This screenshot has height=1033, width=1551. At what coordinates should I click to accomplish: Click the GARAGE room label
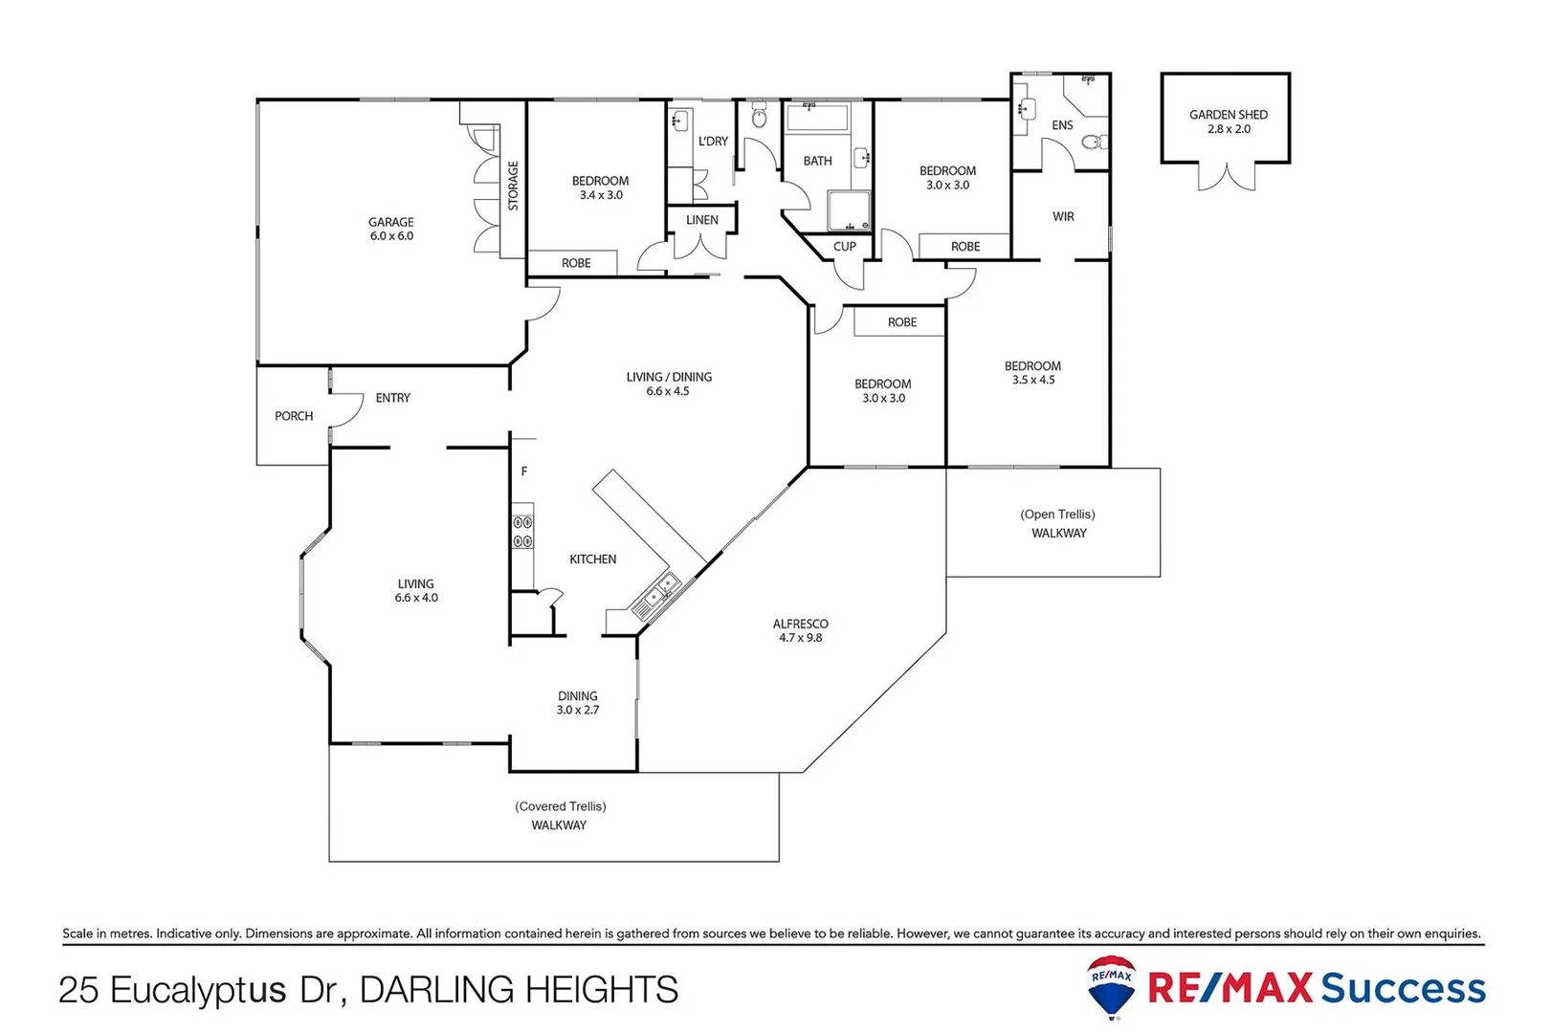point(391,223)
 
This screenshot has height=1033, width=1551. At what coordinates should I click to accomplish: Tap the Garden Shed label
point(1228,115)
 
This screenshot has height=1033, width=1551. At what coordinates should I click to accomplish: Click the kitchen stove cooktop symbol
point(522,532)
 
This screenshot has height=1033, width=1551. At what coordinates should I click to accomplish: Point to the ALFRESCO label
point(800,624)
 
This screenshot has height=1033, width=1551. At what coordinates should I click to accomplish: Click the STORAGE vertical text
point(513,186)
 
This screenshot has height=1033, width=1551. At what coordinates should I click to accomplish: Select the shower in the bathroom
point(849,211)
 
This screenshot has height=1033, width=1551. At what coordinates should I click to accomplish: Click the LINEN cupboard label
point(701,220)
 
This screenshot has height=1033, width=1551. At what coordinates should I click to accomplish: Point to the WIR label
point(1063,217)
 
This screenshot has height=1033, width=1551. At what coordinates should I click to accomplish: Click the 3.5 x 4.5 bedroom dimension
point(1032,380)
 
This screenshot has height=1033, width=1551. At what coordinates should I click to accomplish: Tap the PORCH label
point(293,416)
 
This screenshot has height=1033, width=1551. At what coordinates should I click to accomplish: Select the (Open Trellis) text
point(1057,515)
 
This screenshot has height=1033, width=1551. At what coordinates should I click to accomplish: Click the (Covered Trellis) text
point(560,806)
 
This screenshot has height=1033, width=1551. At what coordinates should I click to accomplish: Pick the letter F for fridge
point(523,472)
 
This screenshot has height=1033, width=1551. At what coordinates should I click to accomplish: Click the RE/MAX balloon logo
point(1112,985)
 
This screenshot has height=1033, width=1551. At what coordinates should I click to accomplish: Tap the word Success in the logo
point(1403,988)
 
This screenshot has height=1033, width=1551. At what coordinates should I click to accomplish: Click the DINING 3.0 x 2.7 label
point(577,703)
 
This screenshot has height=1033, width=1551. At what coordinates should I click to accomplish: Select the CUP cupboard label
point(844,247)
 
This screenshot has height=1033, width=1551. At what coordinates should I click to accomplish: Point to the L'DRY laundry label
point(713,142)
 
